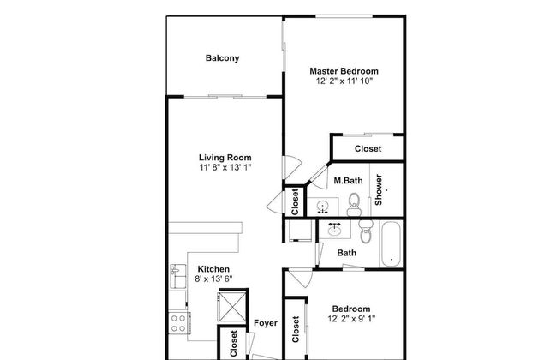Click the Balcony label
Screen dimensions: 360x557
click(222, 58)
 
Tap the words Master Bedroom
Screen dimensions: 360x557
click(344, 71)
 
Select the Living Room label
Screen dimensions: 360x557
click(225, 158)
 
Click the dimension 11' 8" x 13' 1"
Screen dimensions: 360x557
click(225, 168)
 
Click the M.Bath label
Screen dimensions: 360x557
click(346, 181)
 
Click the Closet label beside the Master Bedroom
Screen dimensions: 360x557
click(368, 149)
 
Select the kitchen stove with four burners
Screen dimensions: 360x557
click(179, 323)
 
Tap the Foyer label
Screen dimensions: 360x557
click(265, 323)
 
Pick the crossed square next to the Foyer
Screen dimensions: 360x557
click(233, 307)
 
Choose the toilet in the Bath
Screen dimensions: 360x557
click(366, 231)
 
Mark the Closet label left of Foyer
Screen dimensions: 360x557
click(233, 343)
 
